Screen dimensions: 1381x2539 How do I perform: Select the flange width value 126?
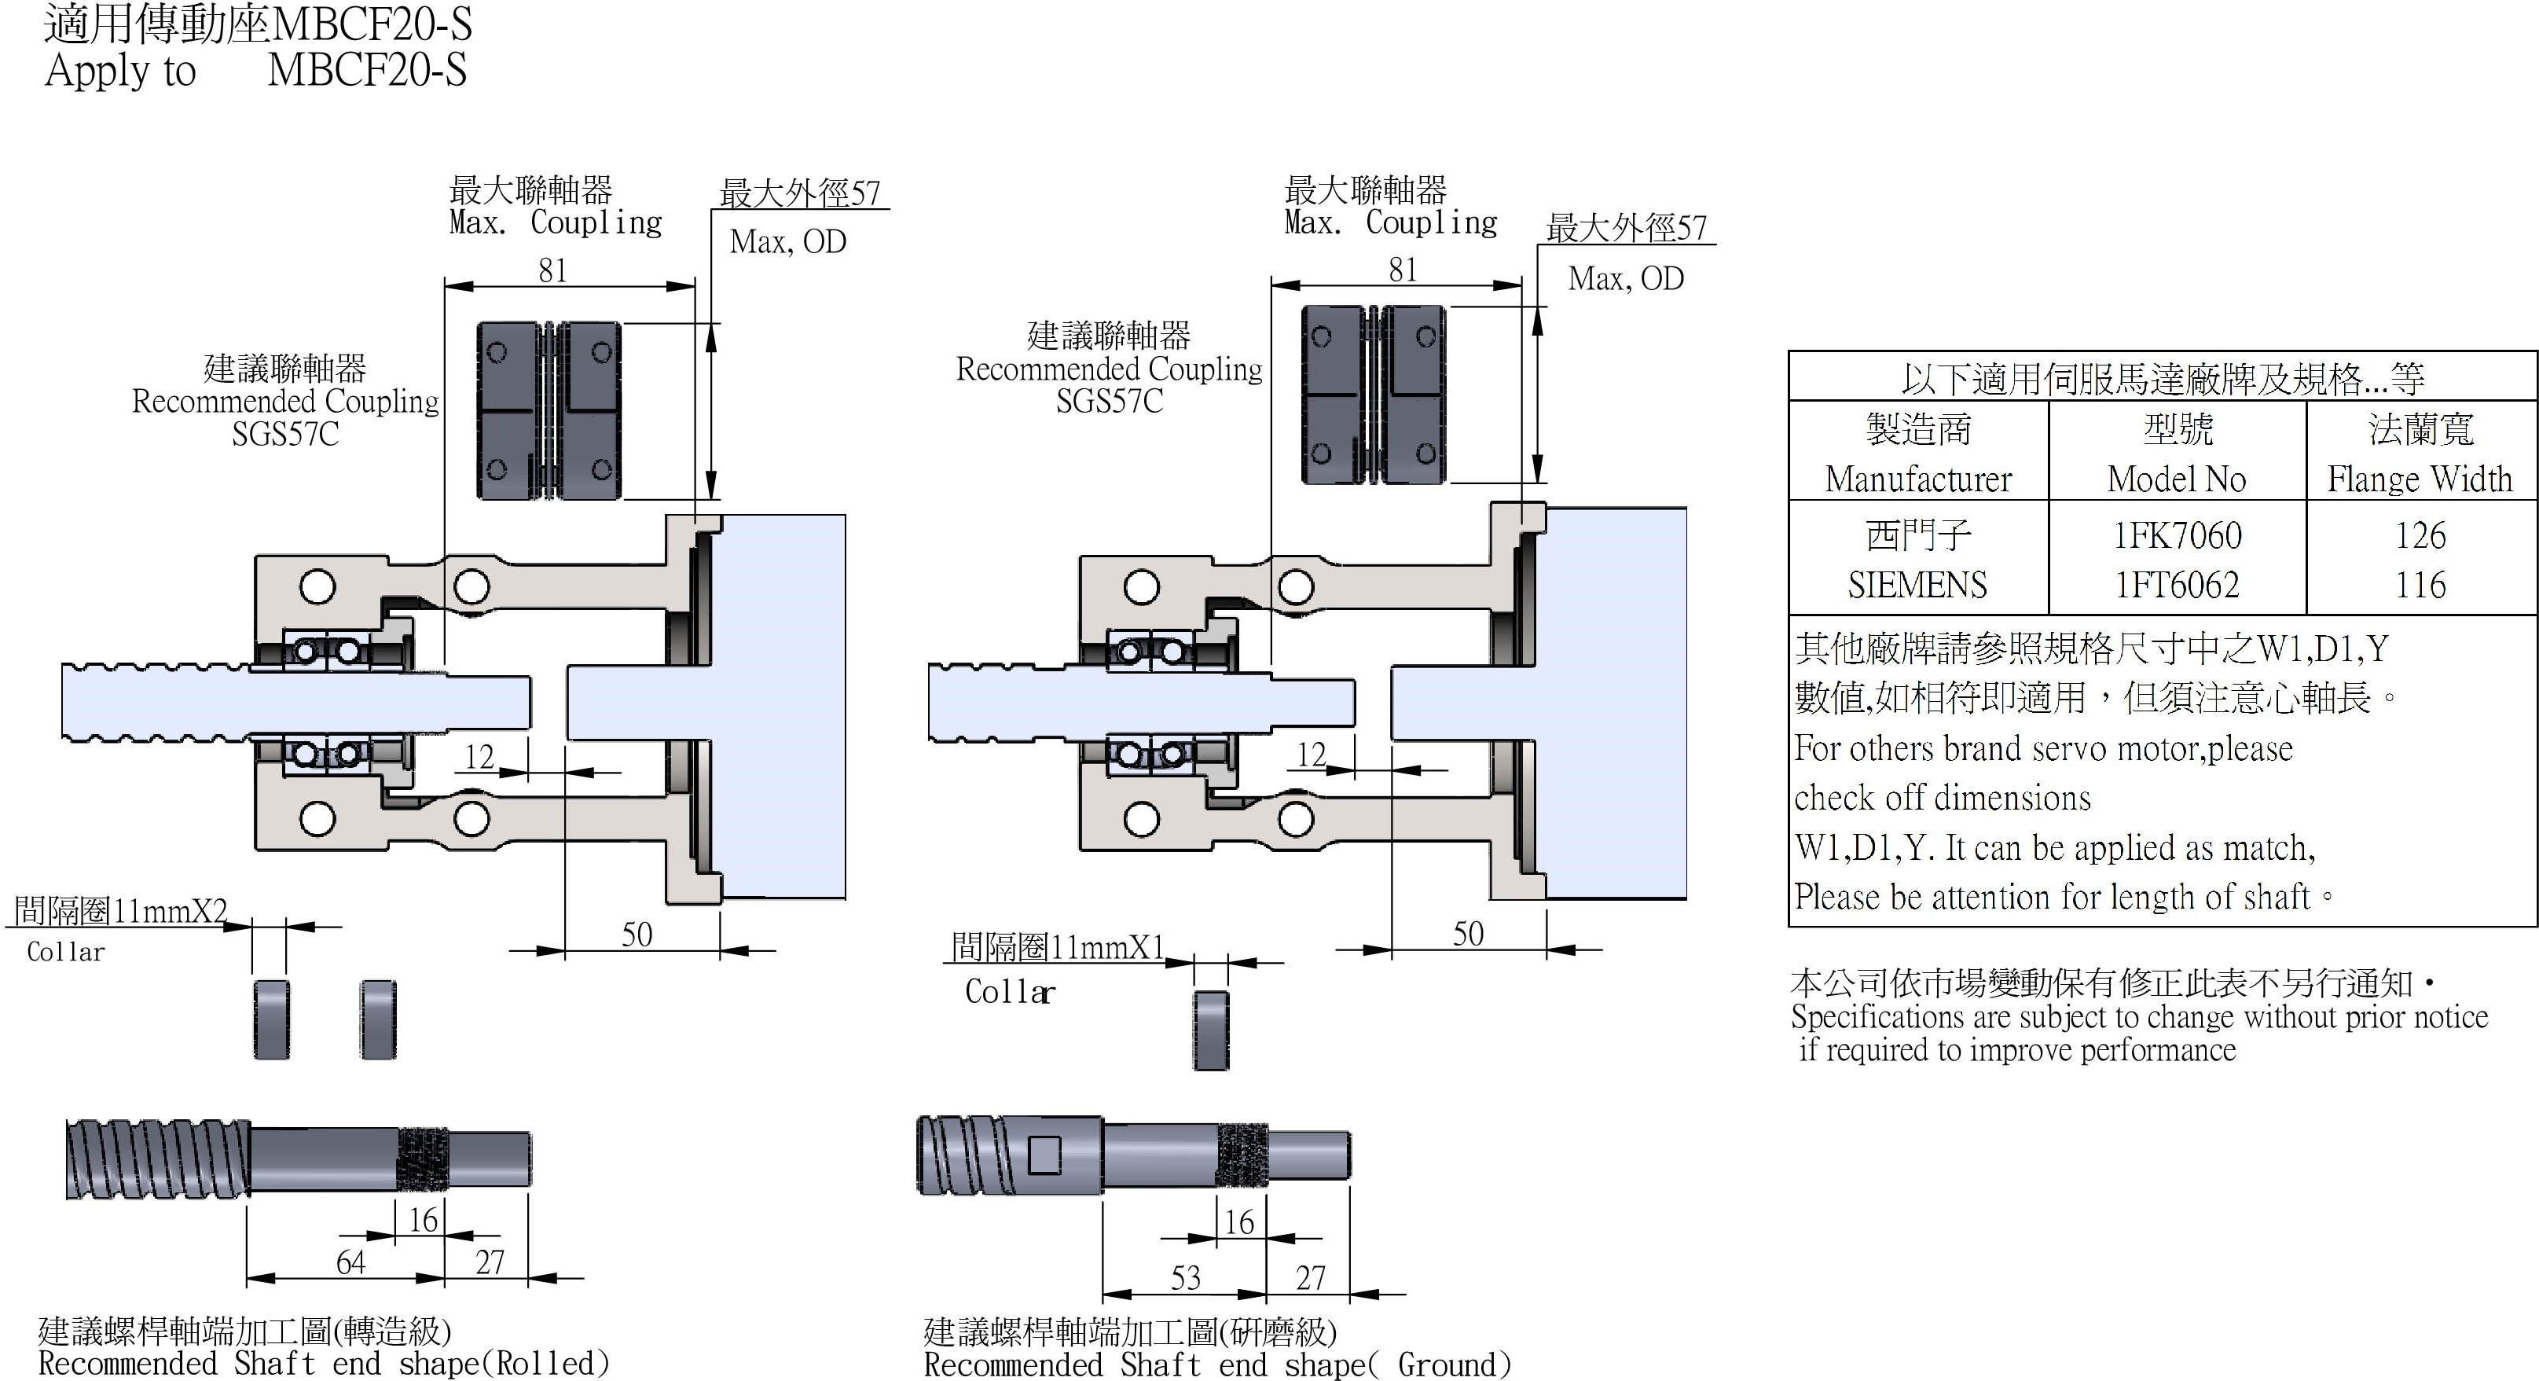point(2420,535)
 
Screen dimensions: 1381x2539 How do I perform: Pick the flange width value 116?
point(2420,586)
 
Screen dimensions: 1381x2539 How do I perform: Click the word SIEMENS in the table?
point(1917,586)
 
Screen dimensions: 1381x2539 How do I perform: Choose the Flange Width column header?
point(2420,479)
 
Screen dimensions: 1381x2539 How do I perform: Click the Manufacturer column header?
point(1917,479)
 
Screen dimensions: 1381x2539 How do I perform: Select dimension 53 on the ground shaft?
point(1185,1277)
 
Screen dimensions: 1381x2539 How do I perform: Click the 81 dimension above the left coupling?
point(553,270)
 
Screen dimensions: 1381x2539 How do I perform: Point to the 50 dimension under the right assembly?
point(1468,934)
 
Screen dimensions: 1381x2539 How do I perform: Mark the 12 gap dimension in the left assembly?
point(479,757)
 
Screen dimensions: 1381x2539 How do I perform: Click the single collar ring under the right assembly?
point(1211,1030)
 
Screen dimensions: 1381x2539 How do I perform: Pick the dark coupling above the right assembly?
point(1374,395)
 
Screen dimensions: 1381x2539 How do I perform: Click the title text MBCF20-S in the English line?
point(367,71)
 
